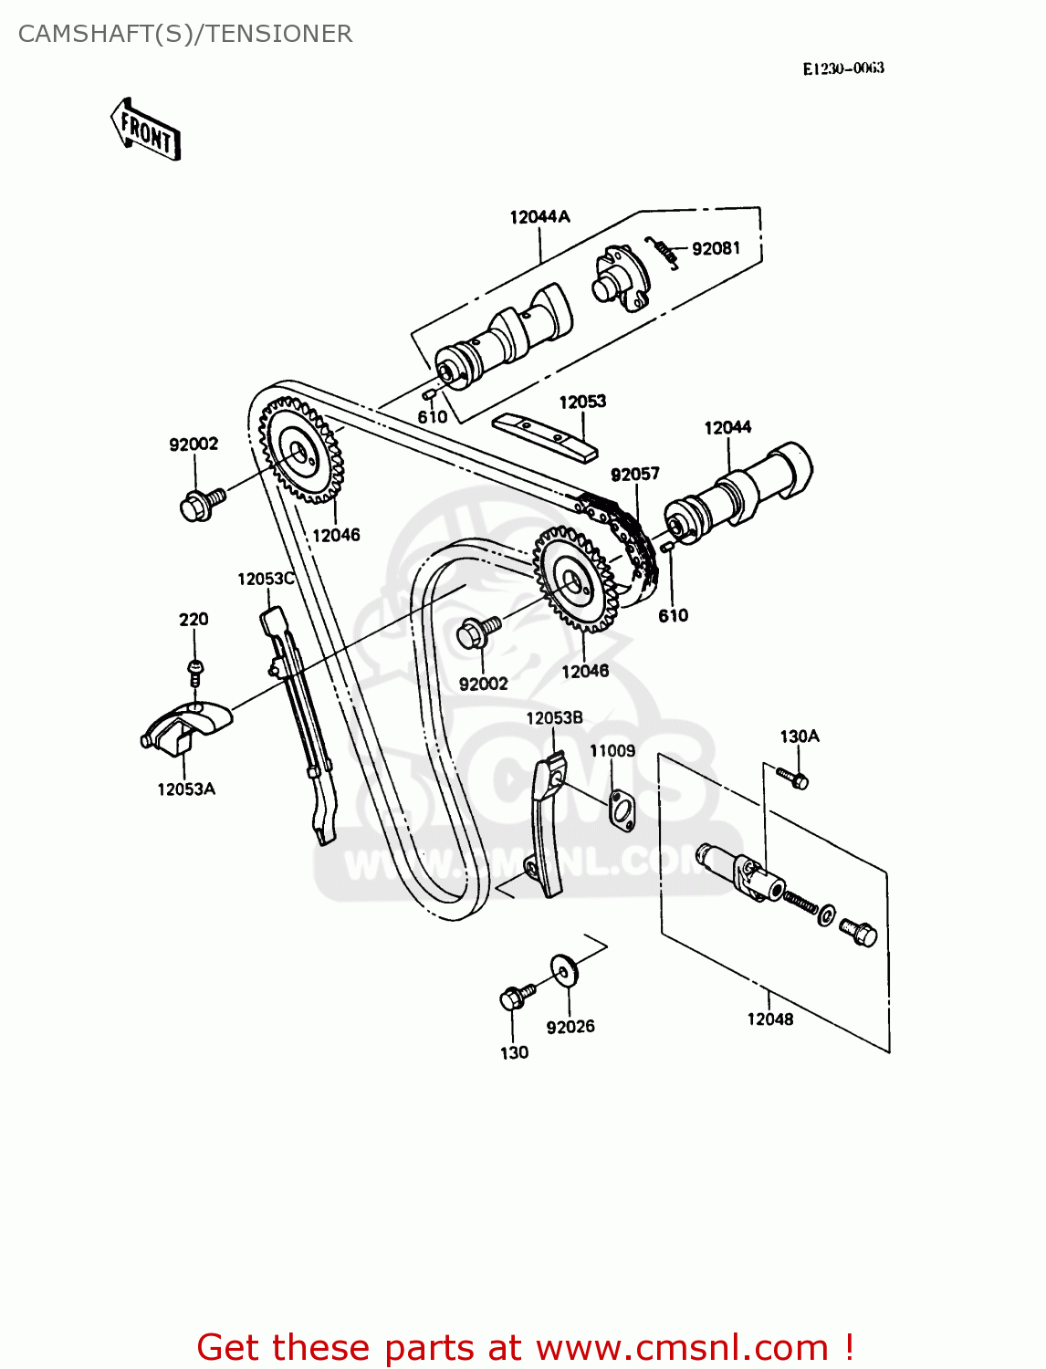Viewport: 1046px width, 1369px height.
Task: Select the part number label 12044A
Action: [x=539, y=217]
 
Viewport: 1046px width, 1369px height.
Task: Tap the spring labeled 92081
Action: [x=662, y=251]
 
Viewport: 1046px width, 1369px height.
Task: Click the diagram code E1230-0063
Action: [x=842, y=68]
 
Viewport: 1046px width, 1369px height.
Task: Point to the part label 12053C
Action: [x=266, y=579]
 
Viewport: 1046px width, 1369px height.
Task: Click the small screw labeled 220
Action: [x=194, y=672]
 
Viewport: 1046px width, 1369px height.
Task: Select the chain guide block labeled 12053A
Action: [x=188, y=725]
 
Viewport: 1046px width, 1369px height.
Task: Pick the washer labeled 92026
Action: [x=563, y=970]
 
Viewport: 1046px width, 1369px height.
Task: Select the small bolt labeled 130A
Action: [x=793, y=778]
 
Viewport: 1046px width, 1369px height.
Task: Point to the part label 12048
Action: [x=769, y=1019]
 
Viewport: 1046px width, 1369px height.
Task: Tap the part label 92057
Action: [x=634, y=475]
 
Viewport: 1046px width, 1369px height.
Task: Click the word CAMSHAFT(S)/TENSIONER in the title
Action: [x=185, y=34]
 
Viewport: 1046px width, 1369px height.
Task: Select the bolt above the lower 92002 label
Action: [x=478, y=632]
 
